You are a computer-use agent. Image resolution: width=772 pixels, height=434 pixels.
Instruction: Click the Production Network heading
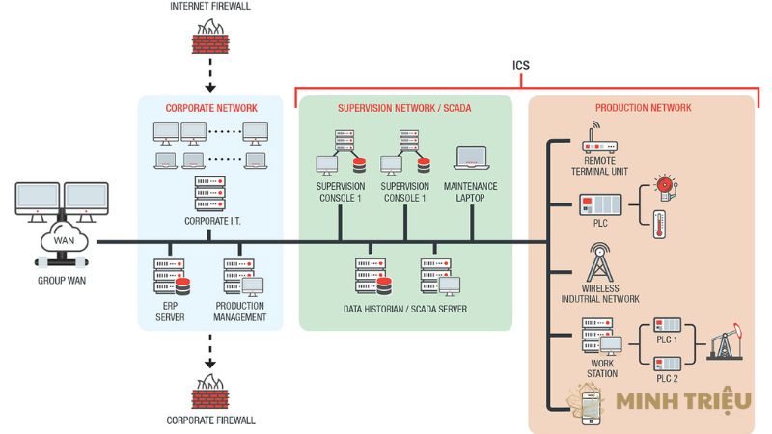[643, 109]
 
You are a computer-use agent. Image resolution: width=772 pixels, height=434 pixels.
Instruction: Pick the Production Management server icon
[241, 279]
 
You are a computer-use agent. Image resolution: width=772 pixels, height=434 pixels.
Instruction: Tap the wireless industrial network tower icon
[598, 262]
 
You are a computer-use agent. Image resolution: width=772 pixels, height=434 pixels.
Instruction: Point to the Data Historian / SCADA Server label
[404, 310]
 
